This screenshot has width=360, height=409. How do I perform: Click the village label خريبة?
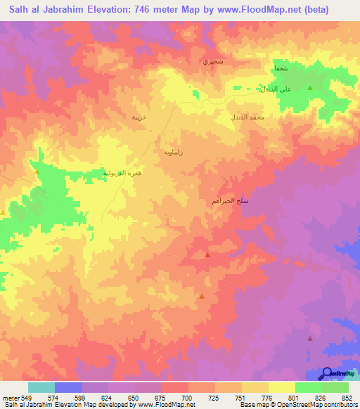139,117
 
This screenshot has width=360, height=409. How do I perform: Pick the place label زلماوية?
173,151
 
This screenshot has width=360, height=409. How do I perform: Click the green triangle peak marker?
309,87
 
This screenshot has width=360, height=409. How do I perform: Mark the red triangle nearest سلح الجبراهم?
207,255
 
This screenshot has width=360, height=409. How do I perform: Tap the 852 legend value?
346,397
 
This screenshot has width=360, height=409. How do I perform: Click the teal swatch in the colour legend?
41,387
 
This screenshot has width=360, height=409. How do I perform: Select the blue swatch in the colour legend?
67,387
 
